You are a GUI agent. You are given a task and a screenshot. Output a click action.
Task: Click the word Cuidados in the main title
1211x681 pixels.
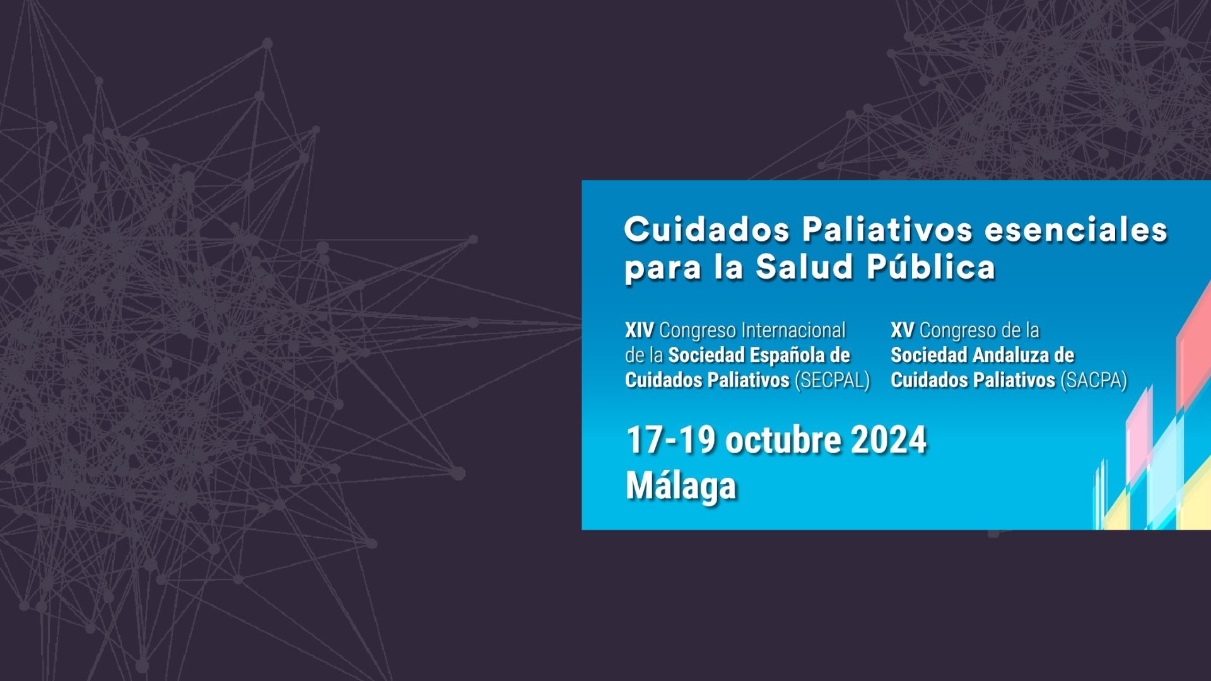tap(706, 230)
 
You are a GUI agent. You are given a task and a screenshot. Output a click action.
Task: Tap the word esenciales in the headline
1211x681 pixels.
tap(1076, 230)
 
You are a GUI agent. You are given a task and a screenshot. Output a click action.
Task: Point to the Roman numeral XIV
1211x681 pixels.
tap(639, 330)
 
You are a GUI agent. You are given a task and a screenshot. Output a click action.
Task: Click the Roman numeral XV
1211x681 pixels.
tap(902, 330)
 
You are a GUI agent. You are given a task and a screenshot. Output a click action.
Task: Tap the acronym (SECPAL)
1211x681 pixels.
tap(833, 380)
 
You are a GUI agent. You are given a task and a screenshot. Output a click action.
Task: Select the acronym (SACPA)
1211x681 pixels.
tap(1094, 380)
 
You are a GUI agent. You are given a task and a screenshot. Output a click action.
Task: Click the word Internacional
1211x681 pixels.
tap(793, 330)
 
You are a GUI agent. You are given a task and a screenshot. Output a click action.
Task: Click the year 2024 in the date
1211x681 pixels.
tap(889, 440)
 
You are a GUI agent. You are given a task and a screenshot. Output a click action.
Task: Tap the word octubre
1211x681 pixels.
tap(783, 440)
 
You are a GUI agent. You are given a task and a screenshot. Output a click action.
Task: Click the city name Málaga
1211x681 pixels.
tap(681, 486)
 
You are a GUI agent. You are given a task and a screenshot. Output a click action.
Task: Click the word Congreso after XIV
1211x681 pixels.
tap(698, 330)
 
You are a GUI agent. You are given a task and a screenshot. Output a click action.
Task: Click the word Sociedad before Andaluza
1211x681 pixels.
tap(929, 356)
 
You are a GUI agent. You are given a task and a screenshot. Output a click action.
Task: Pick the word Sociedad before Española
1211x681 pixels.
tap(706, 356)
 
